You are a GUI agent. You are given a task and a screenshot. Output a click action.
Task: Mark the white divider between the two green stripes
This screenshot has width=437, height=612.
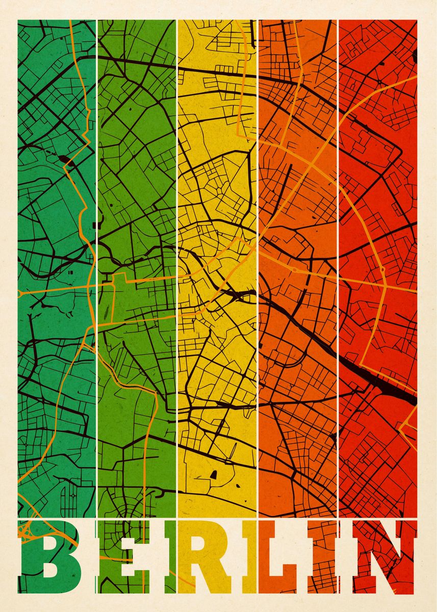coord(96,306)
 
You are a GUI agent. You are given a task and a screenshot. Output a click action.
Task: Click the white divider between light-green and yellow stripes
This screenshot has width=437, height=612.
coord(177,306)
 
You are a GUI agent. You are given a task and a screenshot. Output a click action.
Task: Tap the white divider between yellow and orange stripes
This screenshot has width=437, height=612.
coord(258,306)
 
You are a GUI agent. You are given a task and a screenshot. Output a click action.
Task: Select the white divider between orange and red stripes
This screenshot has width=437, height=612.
coord(338,306)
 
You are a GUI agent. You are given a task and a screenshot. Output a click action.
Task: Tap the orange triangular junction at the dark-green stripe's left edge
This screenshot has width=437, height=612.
coord(21,293)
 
